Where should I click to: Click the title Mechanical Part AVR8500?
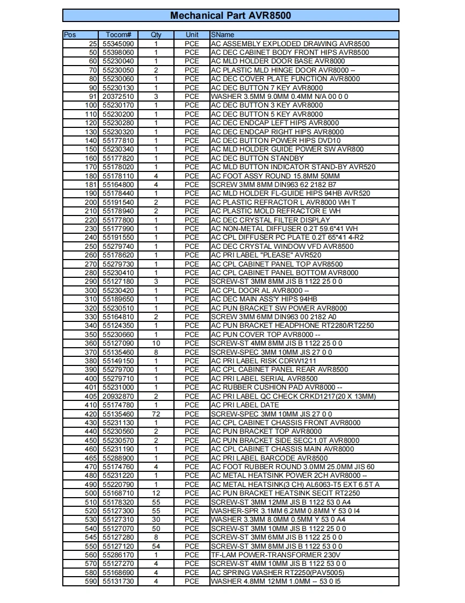coord(230,16)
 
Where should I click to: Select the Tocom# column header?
coord(118,35)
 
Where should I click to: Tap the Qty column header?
coord(156,35)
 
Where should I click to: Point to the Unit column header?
coord(192,35)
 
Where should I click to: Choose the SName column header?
coord(223,35)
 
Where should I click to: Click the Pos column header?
coord(70,35)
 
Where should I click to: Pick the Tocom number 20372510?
coord(118,97)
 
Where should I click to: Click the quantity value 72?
coord(156,414)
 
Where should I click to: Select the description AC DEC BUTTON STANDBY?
coord(257,159)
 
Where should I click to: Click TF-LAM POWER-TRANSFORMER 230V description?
coord(275,555)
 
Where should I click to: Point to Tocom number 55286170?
coord(118,555)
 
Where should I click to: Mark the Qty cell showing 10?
coord(156,343)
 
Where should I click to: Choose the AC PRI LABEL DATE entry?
coord(245,405)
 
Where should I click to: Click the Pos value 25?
coord(93,44)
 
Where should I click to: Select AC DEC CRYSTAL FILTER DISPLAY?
coord(271,220)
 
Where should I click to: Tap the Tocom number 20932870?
coord(118,396)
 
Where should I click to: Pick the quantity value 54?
coord(156,546)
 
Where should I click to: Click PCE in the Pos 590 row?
coord(192,582)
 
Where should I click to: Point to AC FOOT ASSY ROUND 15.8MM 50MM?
coord(275,176)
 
